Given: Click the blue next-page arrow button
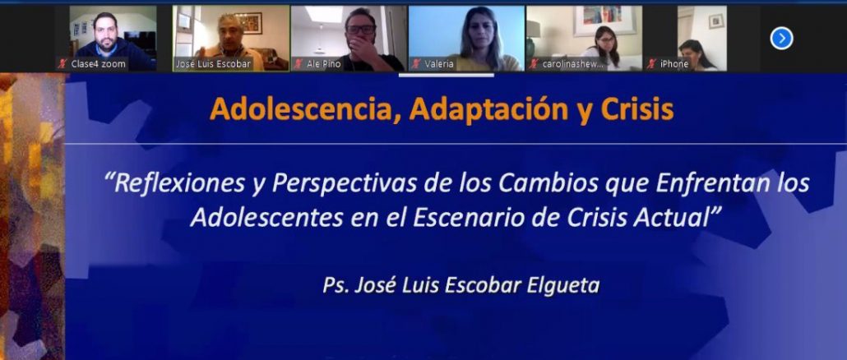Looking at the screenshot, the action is tap(781, 39).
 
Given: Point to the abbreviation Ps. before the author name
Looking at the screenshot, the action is tap(335, 286).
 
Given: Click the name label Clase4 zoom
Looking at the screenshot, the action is tap(99, 64).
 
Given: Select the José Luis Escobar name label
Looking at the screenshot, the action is tap(214, 64).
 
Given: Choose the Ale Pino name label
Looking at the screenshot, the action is tap(323, 64).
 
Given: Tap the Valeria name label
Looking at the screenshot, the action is tap(438, 64).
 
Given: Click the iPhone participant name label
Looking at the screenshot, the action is tap(674, 64).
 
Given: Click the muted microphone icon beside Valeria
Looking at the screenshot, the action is tap(416, 64).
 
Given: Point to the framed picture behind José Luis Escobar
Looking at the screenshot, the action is tap(248, 23).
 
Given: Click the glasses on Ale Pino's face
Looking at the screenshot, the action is tap(361, 30).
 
